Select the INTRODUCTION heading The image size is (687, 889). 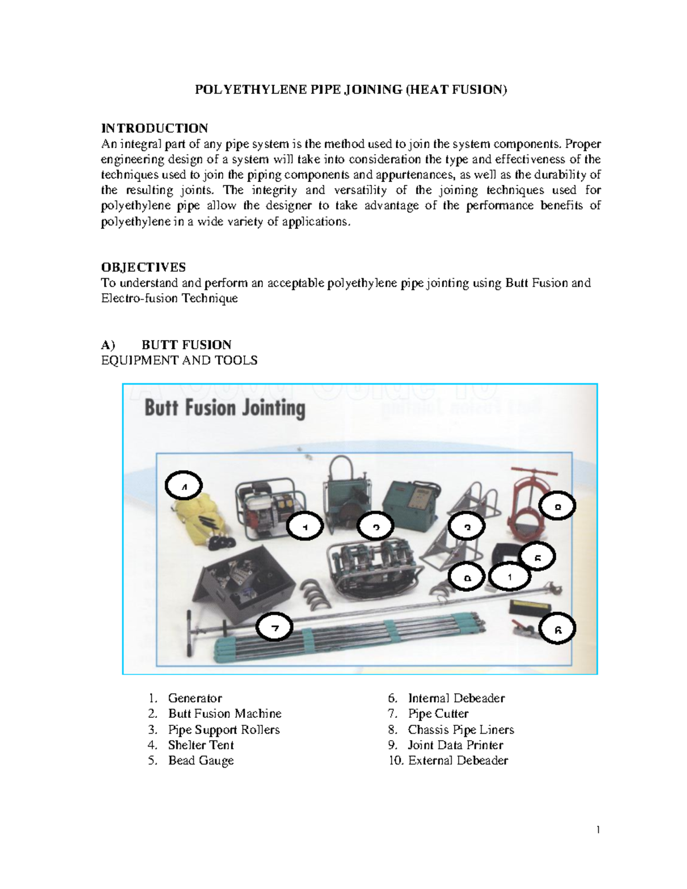[x=154, y=128]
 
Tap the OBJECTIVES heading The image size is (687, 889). [x=143, y=267]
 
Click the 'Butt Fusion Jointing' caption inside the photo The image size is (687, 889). [x=224, y=408]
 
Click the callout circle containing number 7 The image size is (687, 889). [x=275, y=628]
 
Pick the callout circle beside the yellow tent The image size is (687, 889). [x=184, y=487]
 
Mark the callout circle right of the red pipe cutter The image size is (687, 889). [x=557, y=506]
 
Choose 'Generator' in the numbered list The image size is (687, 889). [x=195, y=698]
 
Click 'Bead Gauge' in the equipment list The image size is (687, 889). [x=200, y=761]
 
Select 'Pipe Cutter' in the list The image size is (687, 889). [x=438, y=714]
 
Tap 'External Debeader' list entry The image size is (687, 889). [x=457, y=761]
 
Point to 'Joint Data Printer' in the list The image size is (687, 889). [x=455, y=745]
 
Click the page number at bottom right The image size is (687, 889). [x=598, y=830]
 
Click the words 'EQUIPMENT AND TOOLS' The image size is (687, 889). [x=179, y=361]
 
